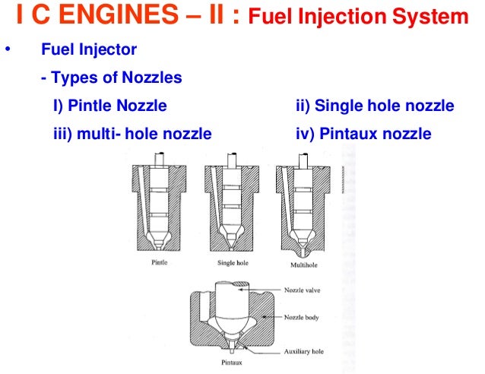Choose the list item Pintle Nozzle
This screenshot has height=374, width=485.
(x=109, y=106)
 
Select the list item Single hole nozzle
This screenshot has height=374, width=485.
(x=374, y=106)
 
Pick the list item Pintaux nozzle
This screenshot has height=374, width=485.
(x=363, y=134)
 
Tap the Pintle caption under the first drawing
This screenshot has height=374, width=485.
(x=159, y=263)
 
